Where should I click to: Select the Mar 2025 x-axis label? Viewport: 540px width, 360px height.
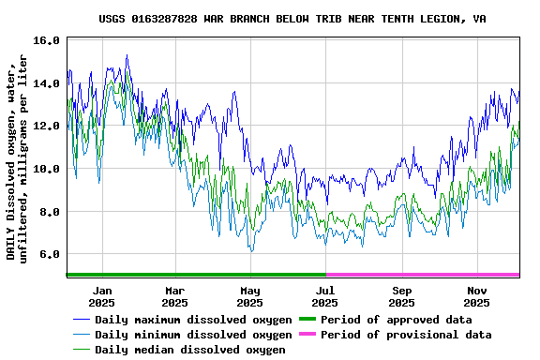pyautogui.click(x=174, y=296)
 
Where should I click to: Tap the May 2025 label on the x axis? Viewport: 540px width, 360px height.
pyautogui.click(x=249, y=296)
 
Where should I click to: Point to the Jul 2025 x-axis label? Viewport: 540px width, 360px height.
pyautogui.click(x=324, y=296)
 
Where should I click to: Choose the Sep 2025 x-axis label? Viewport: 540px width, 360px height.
pyautogui.click(x=401, y=296)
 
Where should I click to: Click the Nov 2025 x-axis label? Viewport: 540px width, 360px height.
pyautogui.click(x=477, y=296)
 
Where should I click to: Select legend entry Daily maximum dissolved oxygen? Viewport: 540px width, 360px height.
pyautogui.click(x=193, y=320)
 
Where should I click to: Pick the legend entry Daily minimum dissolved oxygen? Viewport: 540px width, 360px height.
pyautogui.click(x=193, y=335)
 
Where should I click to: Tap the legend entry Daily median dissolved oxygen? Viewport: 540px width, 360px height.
pyautogui.click(x=189, y=350)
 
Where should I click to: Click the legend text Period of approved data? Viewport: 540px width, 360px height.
pyautogui.click(x=396, y=320)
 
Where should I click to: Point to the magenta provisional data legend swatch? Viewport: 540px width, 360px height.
pyautogui.click(x=307, y=335)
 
